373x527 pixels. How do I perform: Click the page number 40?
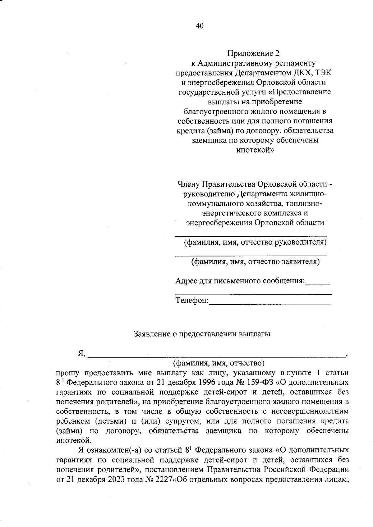pos(200,26)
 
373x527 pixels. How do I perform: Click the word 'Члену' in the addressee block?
pos(188,184)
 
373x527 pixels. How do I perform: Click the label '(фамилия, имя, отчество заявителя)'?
pos(255,261)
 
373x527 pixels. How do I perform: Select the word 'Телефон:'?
pos(192,301)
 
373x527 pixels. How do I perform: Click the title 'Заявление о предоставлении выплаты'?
pos(202,334)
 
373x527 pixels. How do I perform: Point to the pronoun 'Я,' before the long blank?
pos(82,354)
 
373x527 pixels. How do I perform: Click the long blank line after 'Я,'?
pos(217,357)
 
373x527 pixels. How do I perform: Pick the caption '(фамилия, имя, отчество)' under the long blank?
pos(219,363)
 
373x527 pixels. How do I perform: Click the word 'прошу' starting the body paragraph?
pos(67,372)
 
